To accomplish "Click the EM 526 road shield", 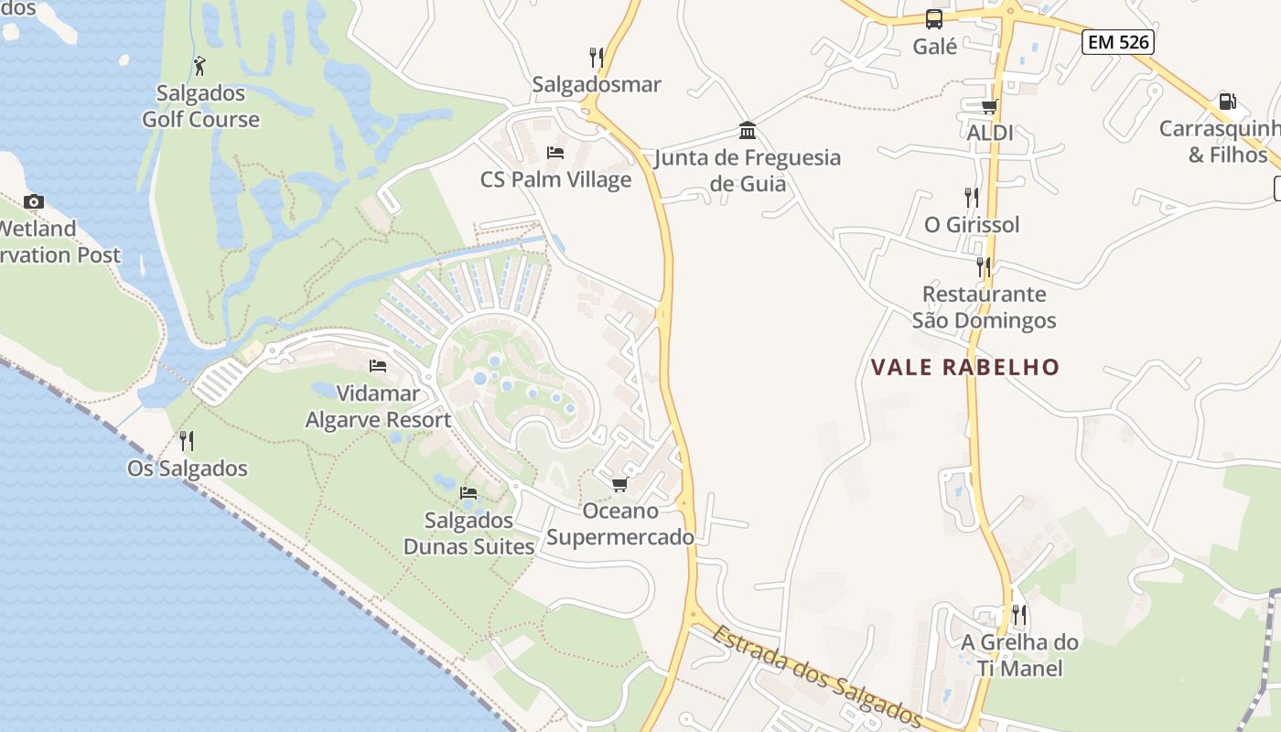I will click(x=1117, y=41).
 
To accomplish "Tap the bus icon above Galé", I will click(x=934, y=18).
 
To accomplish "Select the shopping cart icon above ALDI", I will click(x=989, y=106).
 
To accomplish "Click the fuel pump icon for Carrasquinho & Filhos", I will click(x=1227, y=102).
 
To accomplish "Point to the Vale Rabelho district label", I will click(x=964, y=368).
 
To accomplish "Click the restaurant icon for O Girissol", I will click(x=971, y=197).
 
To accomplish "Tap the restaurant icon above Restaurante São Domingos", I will click(x=984, y=266).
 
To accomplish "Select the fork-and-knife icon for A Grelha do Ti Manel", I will click(x=1019, y=614).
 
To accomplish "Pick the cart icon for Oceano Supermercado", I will click(x=620, y=484).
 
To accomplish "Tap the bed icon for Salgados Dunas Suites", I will click(x=468, y=493).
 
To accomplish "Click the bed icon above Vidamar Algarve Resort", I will click(x=378, y=366).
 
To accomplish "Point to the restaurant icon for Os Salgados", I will click(x=187, y=441).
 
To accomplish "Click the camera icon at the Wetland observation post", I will click(x=34, y=201).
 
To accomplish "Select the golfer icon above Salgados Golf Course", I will click(x=200, y=66).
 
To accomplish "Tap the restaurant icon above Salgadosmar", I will click(x=597, y=58).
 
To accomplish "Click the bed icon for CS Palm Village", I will click(x=555, y=152).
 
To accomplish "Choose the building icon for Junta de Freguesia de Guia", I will click(x=748, y=130).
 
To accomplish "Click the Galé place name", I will click(x=934, y=46).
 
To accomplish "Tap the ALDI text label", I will click(x=990, y=133).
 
